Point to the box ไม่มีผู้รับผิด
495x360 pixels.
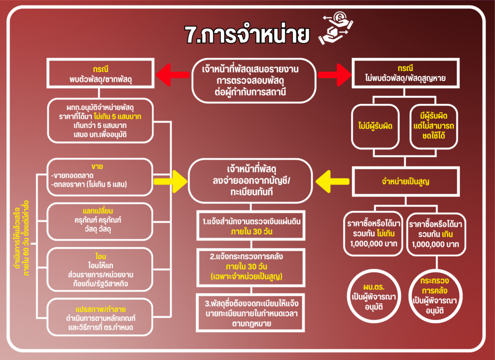[x=375, y=126]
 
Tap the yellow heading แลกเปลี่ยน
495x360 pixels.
[x=101, y=211]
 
